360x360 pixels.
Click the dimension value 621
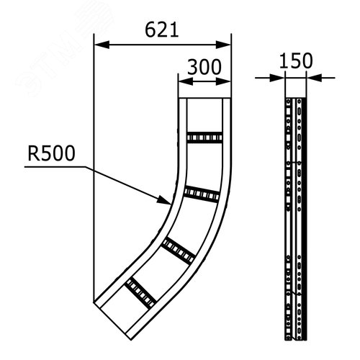pos(162,30)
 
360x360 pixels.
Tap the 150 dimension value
pos(297,61)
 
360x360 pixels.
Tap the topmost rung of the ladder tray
pos(204,137)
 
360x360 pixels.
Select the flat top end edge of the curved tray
pos(204,99)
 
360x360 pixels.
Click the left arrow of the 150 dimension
pos(284,76)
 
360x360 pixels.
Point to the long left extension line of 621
pos(95,180)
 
